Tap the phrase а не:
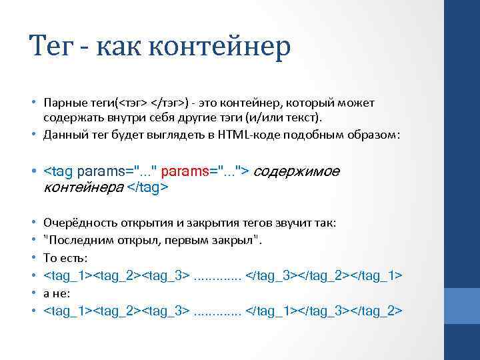coord(57,292)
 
